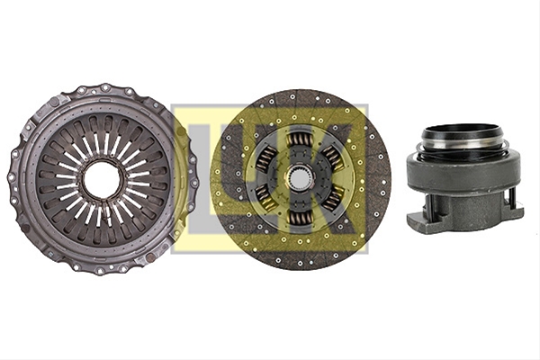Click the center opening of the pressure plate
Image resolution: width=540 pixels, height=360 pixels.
(103, 179)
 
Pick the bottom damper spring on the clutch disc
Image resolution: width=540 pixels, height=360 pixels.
(299, 218)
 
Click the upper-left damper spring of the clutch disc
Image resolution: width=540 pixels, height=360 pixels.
(266, 158)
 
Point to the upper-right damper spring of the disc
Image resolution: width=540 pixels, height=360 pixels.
(332, 158)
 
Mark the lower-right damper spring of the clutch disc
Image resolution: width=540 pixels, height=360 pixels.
(332, 198)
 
